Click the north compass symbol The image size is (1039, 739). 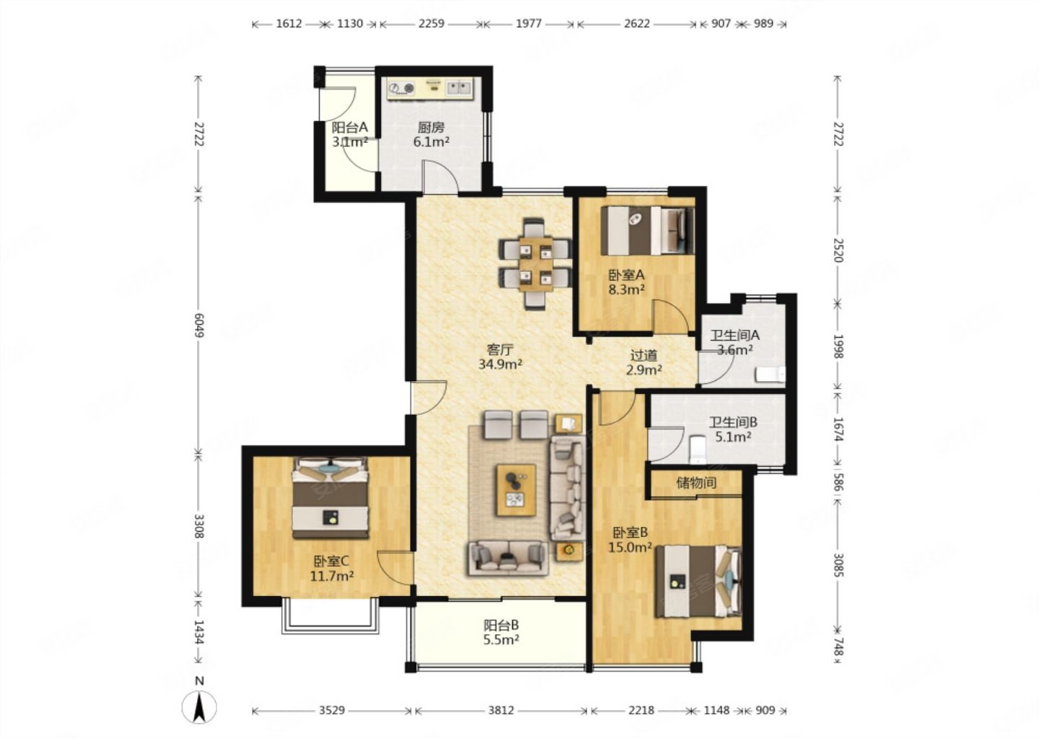(199, 707)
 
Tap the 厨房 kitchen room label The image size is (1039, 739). (431, 126)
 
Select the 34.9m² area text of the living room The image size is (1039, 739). (501, 364)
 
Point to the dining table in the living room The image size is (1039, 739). (535, 263)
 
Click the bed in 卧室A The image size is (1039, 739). (647, 230)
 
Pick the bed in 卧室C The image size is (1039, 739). (330, 498)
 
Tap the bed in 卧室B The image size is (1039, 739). (698, 581)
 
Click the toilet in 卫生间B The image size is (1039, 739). (697, 449)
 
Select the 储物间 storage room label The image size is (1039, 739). (696, 483)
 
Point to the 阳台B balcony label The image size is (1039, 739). (501, 626)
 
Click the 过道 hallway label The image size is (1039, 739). (644, 355)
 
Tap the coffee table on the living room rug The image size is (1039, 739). (517, 490)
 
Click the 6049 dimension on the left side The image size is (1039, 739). (199, 325)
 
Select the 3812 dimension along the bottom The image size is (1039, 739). (501, 710)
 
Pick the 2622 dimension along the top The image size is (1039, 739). (636, 23)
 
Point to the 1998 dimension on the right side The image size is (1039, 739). (838, 346)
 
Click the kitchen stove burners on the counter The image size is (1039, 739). (402, 87)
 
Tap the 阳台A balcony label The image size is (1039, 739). (349, 127)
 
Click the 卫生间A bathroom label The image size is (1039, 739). (735, 334)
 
